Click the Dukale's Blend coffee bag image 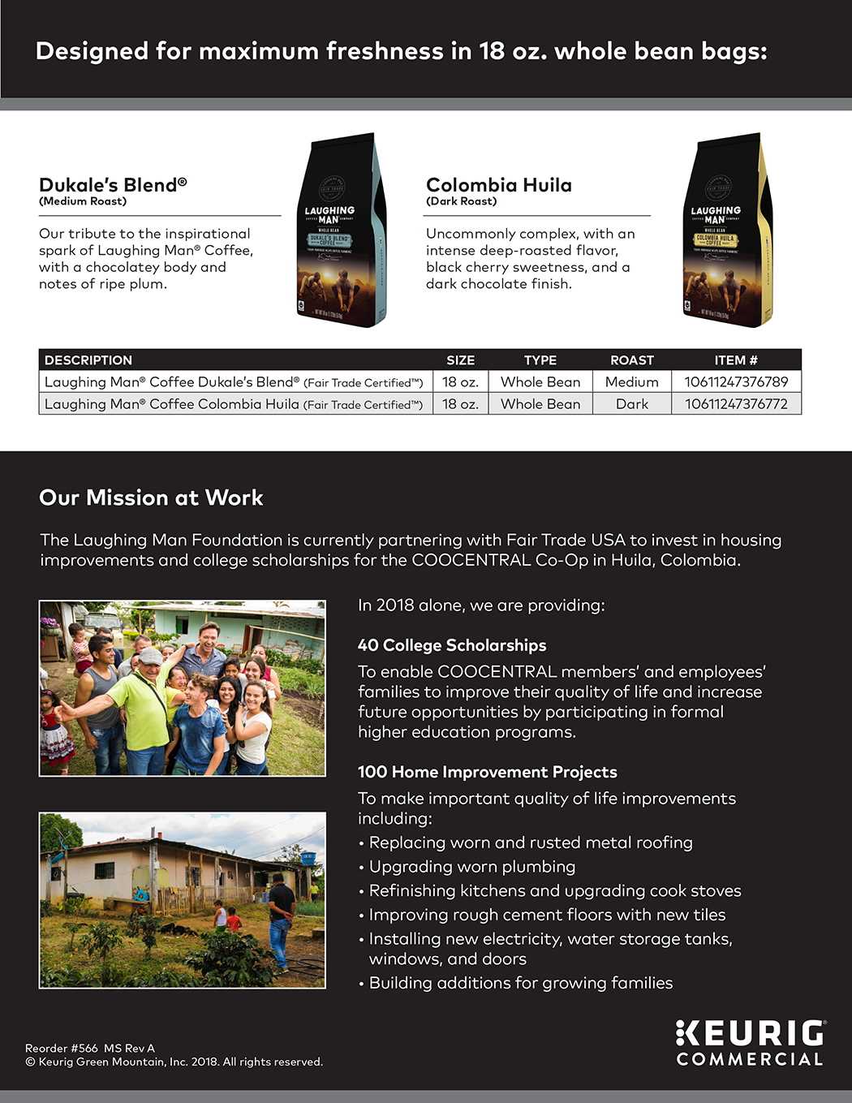[x=341, y=231]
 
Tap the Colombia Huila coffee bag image [x=727, y=231]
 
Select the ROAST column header [x=631, y=360]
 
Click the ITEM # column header [x=735, y=360]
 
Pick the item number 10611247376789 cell [x=736, y=382]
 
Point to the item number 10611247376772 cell [x=736, y=404]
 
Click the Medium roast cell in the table [x=631, y=382]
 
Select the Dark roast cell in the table [x=631, y=404]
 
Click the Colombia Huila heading [x=498, y=185]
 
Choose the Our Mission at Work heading [x=151, y=498]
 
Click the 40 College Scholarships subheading [x=452, y=645]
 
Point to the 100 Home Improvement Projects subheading [x=487, y=772]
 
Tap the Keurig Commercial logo [x=750, y=1043]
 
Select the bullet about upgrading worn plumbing [x=471, y=867]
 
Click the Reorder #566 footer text [x=89, y=1049]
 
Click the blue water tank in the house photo [x=308, y=857]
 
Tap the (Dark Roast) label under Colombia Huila [x=461, y=201]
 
